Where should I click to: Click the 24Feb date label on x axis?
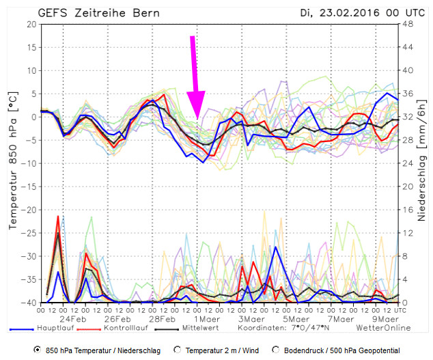73,318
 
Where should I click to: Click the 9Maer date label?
385,318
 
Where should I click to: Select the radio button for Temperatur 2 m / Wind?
177,350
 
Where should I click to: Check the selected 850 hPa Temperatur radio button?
36,350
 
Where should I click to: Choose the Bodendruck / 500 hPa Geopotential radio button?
276,350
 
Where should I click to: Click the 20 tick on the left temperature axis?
31,24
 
